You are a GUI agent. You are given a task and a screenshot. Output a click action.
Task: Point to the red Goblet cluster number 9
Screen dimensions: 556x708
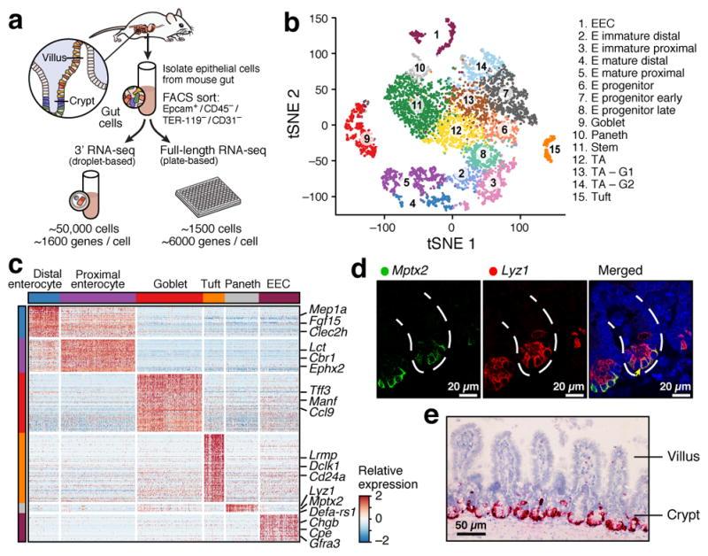pos(366,139)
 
